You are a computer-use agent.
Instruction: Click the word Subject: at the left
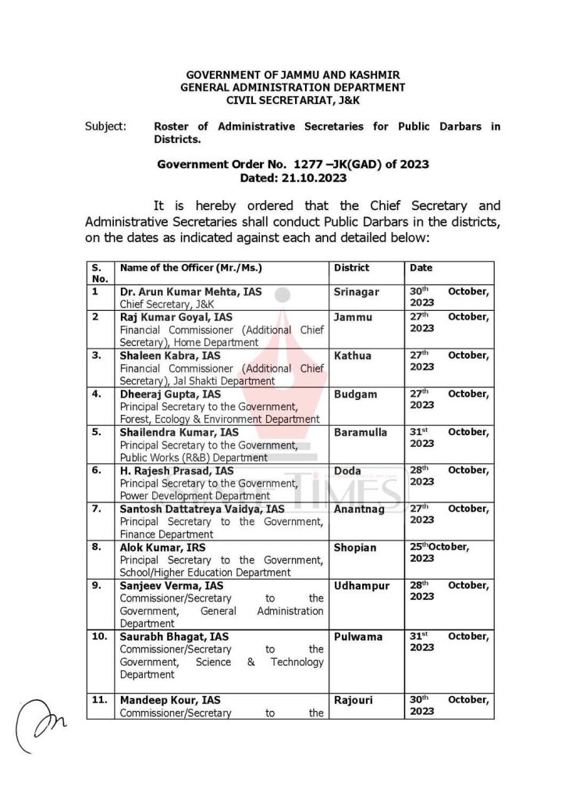point(105,127)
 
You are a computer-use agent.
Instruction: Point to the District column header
point(351,268)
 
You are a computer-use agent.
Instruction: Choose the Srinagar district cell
point(357,292)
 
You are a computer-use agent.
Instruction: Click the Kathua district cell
point(352,355)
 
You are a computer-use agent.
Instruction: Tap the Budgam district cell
point(355,395)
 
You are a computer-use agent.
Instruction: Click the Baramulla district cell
point(360,432)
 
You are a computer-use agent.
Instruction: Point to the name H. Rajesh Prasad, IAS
point(176,470)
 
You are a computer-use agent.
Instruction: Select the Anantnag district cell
point(359,509)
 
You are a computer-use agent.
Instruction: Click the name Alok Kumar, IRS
point(163,547)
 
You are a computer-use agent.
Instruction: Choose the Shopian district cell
point(355,547)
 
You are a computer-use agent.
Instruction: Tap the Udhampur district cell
point(361,585)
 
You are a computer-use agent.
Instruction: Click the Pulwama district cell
point(358,636)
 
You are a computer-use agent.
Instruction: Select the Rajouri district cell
point(353,700)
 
